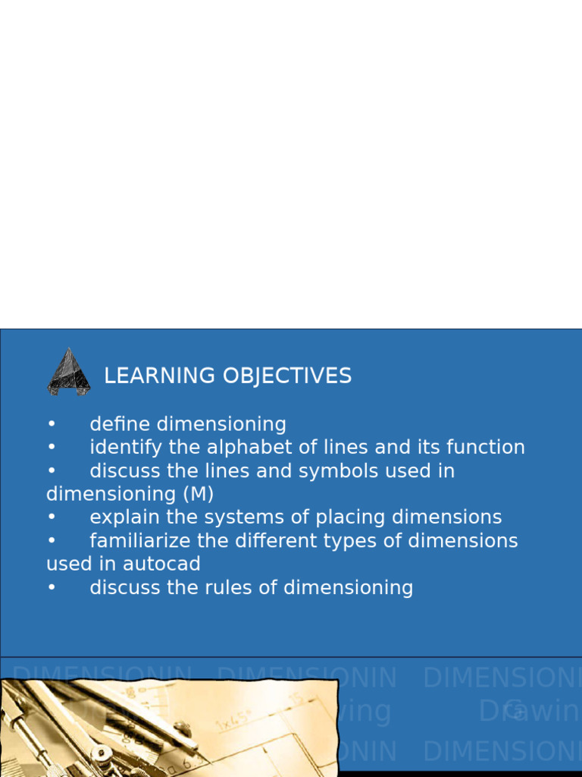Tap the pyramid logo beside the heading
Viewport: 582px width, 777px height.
point(69,372)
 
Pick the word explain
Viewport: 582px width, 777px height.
point(122,517)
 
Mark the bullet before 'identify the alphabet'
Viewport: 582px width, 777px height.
point(52,448)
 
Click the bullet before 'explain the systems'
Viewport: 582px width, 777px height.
point(52,517)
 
